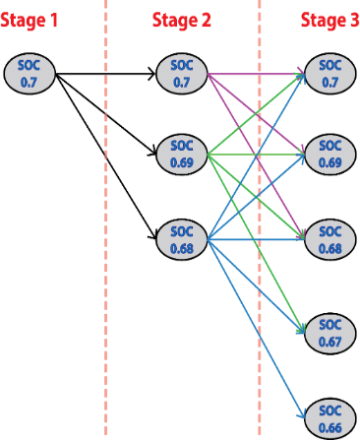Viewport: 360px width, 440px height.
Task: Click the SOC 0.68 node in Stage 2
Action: click(x=181, y=238)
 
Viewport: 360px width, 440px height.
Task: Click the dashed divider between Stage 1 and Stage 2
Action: click(x=104, y=295)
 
